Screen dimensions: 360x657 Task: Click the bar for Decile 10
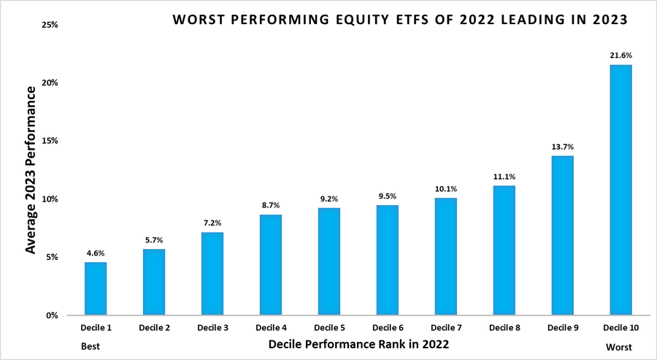click(620, 190)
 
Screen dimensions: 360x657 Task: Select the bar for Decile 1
click(95, 288)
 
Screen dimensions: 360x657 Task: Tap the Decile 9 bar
click(562, 235)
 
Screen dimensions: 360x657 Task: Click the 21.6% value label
click(620, 55)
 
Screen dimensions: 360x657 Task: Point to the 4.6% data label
click(95, 253)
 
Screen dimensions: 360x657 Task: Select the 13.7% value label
click(562, 147)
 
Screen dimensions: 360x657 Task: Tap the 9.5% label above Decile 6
click(387, 196)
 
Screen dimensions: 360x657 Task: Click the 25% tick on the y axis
click(49, 25)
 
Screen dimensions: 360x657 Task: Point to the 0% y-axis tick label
click(51, 315)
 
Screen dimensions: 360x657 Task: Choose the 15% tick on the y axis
click(49, 141)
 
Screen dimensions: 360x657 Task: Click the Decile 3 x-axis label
click(212, 329)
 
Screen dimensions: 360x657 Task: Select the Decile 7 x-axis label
click(445, 329)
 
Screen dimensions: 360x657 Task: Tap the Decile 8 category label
click(504, 329)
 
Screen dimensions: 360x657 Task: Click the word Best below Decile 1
click(90, 346)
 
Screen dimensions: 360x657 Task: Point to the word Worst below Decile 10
click(619, 346)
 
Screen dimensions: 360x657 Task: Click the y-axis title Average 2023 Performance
click(31, 170)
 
